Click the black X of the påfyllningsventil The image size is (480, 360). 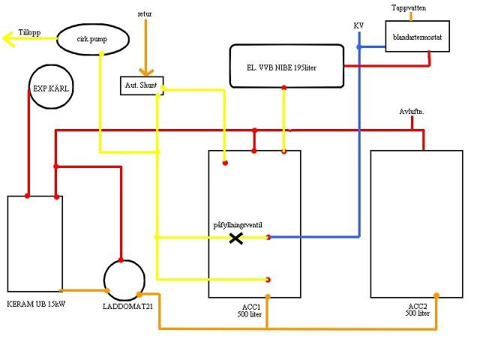[x=236, y=238]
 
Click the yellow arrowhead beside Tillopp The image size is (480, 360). [x=8, y=39]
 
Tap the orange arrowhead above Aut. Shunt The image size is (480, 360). [x=146, y=72]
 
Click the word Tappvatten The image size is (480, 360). [x=409, y=8]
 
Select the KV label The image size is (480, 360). [x=358, y=25]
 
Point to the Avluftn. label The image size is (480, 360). [x=412, y=112]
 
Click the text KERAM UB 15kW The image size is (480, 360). [x=36, y=304]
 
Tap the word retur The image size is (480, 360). [x=145, y=14]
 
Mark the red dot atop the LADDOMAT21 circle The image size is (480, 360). [x=121, y=260]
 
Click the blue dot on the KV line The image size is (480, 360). [x=359, y=47]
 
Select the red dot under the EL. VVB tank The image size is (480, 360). [x=284, y=88]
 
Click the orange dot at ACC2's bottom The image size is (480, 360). [x=436, y=295]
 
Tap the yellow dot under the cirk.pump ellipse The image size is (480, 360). [x=102, y=54]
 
